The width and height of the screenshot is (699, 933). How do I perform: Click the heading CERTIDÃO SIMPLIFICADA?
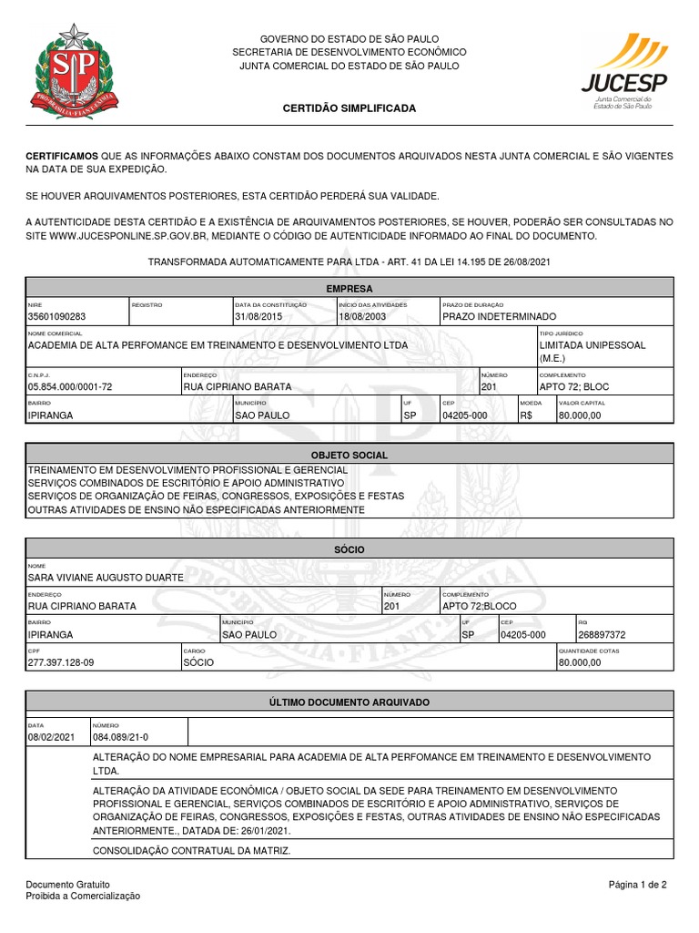(349, 108)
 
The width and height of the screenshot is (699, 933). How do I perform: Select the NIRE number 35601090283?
(56, 316)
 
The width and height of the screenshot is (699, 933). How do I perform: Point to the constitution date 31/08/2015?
(259, 316)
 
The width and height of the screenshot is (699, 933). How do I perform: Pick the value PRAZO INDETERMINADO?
(499, 316)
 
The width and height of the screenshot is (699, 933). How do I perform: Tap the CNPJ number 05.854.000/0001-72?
(70, 386)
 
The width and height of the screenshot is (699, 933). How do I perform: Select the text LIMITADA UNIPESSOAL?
(593, 346)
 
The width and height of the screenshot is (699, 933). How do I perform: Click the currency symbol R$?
(527, 415)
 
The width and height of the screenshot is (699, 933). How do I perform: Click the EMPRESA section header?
(349, 288)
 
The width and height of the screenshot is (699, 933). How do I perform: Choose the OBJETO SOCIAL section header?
(349, 455)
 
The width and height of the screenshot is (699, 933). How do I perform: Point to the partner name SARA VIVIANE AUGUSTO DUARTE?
(106, 578)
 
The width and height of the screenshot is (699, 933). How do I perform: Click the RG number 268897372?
(602, 634)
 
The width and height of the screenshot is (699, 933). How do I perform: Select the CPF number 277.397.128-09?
(61, 662)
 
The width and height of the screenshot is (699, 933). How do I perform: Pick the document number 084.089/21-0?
(120, 736)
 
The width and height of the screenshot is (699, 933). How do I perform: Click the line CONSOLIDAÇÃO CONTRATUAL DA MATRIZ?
(192, 850)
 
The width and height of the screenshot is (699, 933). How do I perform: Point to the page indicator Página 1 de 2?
(638, 885)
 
